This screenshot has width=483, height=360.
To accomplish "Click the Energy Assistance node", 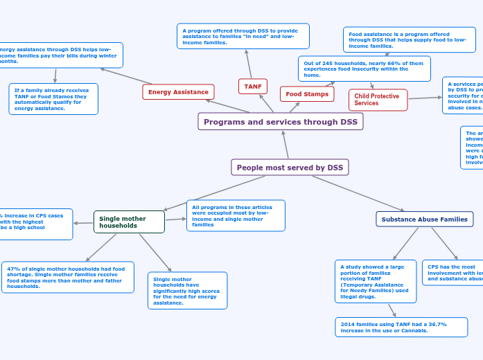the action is coord(178,92).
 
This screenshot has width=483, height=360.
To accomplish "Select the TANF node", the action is coord(253,87).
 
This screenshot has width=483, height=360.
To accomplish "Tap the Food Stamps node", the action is coord(307,94).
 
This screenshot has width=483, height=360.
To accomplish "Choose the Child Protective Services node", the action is coord(378,100).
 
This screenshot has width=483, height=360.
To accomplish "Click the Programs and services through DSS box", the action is coord(281,122).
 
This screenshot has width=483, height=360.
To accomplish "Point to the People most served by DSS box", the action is coord(290,168).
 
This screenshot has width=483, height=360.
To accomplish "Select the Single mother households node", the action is coord(129,222).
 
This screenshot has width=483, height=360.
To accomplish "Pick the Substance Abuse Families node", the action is coord(424,219).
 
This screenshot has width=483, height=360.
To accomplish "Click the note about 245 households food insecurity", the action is coord(364,69).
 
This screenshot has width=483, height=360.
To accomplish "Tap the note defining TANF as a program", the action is coord(243,37).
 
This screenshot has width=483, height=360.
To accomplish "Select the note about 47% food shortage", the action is coord(67,278).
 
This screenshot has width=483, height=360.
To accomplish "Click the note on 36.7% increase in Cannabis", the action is coord(401,327).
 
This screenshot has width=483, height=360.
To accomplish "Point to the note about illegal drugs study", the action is coord(375,281).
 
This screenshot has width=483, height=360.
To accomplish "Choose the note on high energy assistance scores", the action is coord(187,291).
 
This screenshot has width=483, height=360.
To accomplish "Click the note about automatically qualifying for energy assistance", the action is coord(53,99).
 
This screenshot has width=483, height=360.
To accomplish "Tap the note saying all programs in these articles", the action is coord(235,215).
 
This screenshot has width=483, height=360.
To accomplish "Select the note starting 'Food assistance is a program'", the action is coord(409,40).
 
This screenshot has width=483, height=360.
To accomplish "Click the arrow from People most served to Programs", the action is coord(286,145).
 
